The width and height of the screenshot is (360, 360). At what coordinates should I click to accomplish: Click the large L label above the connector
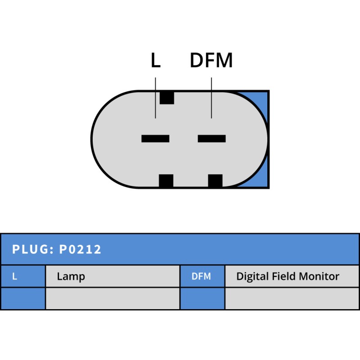(155, 61)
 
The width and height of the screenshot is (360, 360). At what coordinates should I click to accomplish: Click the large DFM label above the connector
(211, 61)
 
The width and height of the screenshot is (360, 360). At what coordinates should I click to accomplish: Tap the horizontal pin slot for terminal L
(155, 139)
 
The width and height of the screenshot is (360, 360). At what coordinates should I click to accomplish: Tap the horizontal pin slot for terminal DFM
(211, 139)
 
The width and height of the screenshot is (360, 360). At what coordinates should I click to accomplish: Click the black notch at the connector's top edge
(167, 97)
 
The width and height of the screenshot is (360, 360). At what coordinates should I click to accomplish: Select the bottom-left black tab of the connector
(166, 181)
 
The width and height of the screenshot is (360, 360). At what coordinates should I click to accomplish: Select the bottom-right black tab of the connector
(215, 181)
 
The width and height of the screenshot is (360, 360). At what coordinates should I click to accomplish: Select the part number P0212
(80, 249)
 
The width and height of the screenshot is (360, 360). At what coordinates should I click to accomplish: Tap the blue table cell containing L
(22, 276)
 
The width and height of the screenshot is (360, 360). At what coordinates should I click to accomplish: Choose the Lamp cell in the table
(112, 276)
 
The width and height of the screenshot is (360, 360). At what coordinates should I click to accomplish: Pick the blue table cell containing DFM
(202, 276)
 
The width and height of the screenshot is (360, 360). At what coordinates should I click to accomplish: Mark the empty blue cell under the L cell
(22, 298)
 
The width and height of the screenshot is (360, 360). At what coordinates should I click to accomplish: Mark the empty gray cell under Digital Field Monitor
(292, 298)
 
